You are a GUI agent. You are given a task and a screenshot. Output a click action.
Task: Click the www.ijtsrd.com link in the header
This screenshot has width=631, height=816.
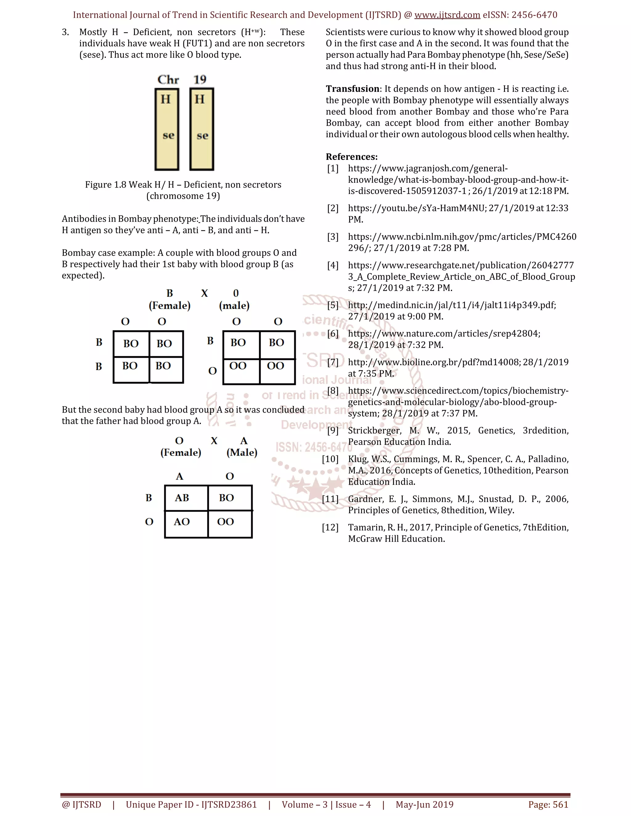[447, 15]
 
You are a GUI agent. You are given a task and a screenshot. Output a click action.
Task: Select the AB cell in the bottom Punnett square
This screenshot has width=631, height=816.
[182, 498]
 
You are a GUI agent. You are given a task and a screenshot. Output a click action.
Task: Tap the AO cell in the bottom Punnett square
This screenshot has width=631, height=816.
[182, 522]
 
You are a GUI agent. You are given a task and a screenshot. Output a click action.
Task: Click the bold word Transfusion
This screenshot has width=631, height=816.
[352, 89]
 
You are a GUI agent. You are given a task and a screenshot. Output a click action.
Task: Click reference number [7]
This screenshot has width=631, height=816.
[333, 362]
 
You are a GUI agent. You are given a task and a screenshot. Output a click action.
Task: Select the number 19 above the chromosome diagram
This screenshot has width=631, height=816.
[200, 79]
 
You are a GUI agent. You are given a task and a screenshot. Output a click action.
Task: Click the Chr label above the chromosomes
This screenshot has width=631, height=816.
[168, 79]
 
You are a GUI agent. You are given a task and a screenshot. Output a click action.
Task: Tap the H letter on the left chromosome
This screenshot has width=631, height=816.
[165, 99]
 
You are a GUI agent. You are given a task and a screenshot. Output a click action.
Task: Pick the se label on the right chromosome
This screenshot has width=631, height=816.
[202, 135]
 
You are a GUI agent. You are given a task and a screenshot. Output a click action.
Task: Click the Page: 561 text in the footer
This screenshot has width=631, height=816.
[548, 804]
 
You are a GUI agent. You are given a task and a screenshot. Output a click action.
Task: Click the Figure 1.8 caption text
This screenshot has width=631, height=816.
[183, 185]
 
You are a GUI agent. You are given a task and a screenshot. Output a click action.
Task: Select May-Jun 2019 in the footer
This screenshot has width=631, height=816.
[424, 804]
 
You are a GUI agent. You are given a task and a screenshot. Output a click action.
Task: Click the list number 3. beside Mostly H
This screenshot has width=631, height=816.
[65, 32]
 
